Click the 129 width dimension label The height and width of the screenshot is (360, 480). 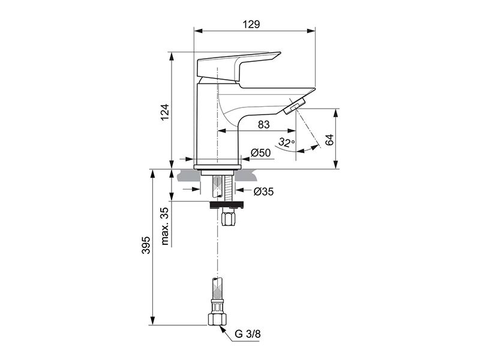click(x=251, y=24)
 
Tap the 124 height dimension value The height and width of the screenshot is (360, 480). click(x=165, y=113)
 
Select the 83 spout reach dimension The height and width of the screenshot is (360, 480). click(x=264, y=125)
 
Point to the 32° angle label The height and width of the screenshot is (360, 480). click(x=287, y=142)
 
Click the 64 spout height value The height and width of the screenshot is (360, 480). click(x=329, y=140)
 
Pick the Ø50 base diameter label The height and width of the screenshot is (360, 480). click(x=260, y=152)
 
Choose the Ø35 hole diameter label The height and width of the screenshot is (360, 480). click(x=263, y=191)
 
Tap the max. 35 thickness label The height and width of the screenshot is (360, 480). click(x=165, y=226)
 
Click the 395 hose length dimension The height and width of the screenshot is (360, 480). click(x=146, y=245)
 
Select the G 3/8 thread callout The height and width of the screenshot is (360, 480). click(x=248, y=334)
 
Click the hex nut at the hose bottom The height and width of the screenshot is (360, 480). click(x=217, y=319)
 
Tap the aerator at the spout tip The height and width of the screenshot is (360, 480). click(x=295, y=107)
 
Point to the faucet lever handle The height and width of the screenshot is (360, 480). click(x=238, y=67)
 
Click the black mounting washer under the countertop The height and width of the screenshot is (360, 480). click(x=227, y=205)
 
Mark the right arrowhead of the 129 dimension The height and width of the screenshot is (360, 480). click(x=311, y=31)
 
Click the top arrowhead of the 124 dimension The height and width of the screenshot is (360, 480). click(x=172, y=56)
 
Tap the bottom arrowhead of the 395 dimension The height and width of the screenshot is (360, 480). click(x=153, y=321)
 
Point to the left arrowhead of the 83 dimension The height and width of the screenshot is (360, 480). click(x=221, y=131)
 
